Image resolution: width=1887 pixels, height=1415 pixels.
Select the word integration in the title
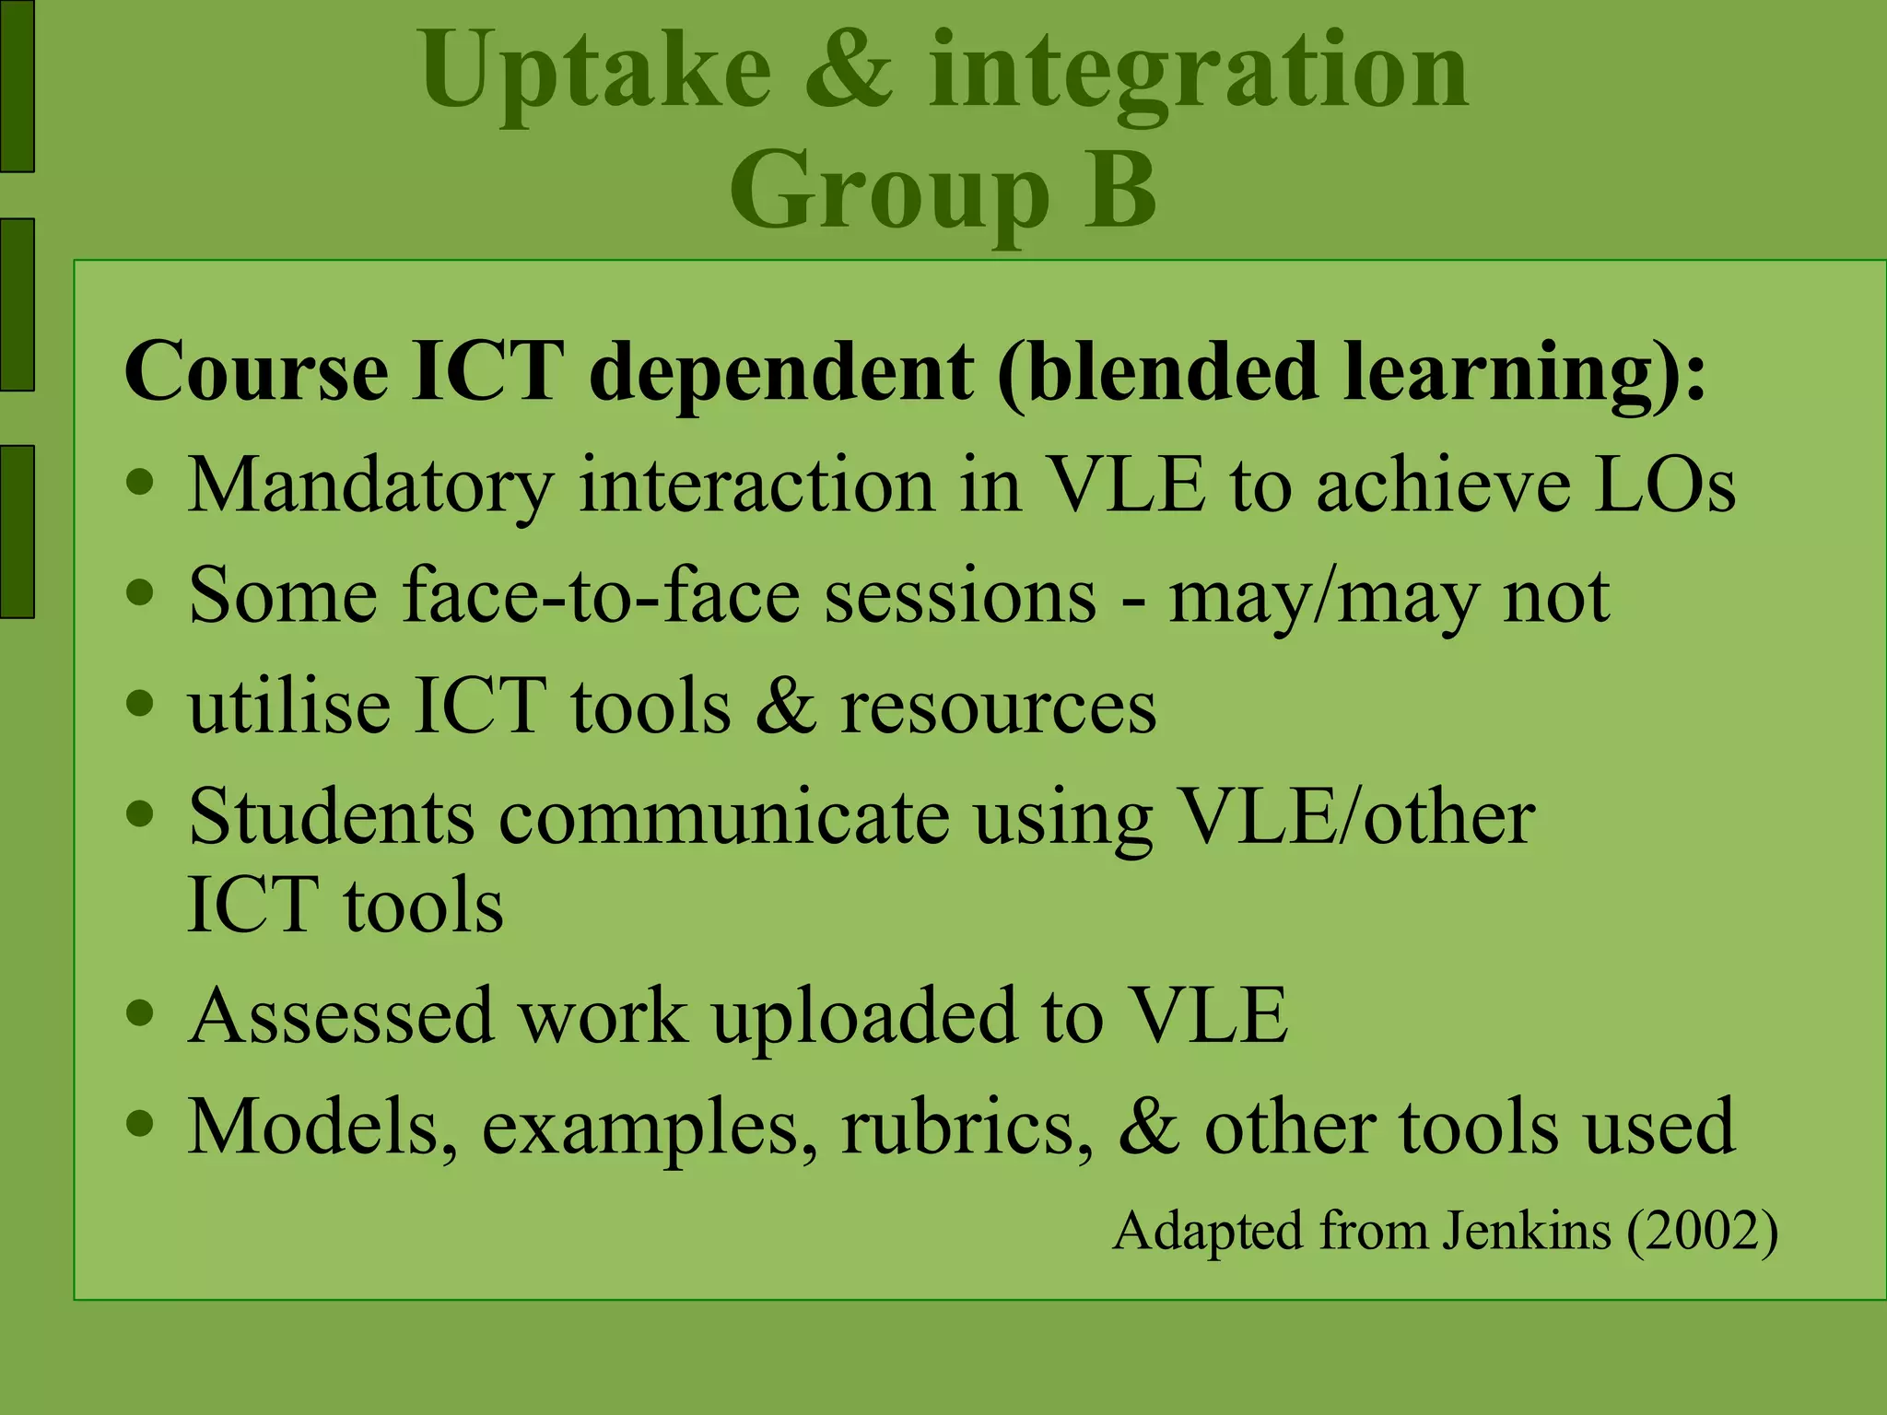click(x=1198, y=78)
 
